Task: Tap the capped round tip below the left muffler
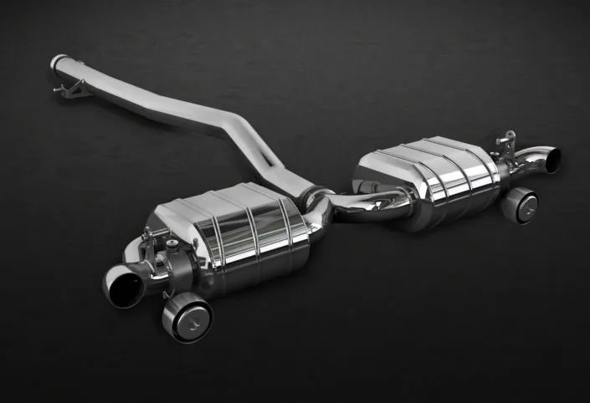pyautogui.click(x=186, y=318)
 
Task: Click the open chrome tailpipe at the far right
pyautogui.click(x=548, y=159)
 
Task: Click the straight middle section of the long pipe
pyautogui.click(x=167, y=105)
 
